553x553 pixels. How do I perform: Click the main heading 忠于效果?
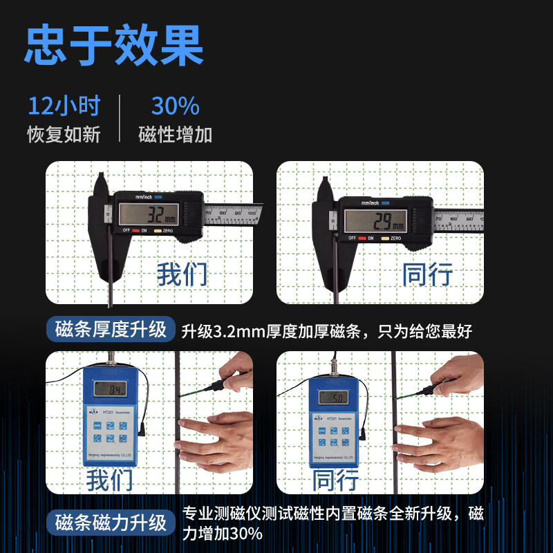[x=114, y=46]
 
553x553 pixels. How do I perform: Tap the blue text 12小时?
[x=64, y=106]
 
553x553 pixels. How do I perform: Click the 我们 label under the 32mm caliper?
[x=181, y=274]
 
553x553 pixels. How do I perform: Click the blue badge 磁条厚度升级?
[x=111, y=330]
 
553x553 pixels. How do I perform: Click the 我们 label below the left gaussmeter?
[x=110, y=479]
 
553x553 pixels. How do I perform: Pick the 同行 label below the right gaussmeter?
[x=335, y=479]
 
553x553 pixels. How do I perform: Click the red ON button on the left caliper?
[x=136, y=230]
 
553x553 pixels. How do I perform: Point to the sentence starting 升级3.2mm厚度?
[x=326, y=331]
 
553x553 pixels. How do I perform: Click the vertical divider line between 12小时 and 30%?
[x=119, y=119]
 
